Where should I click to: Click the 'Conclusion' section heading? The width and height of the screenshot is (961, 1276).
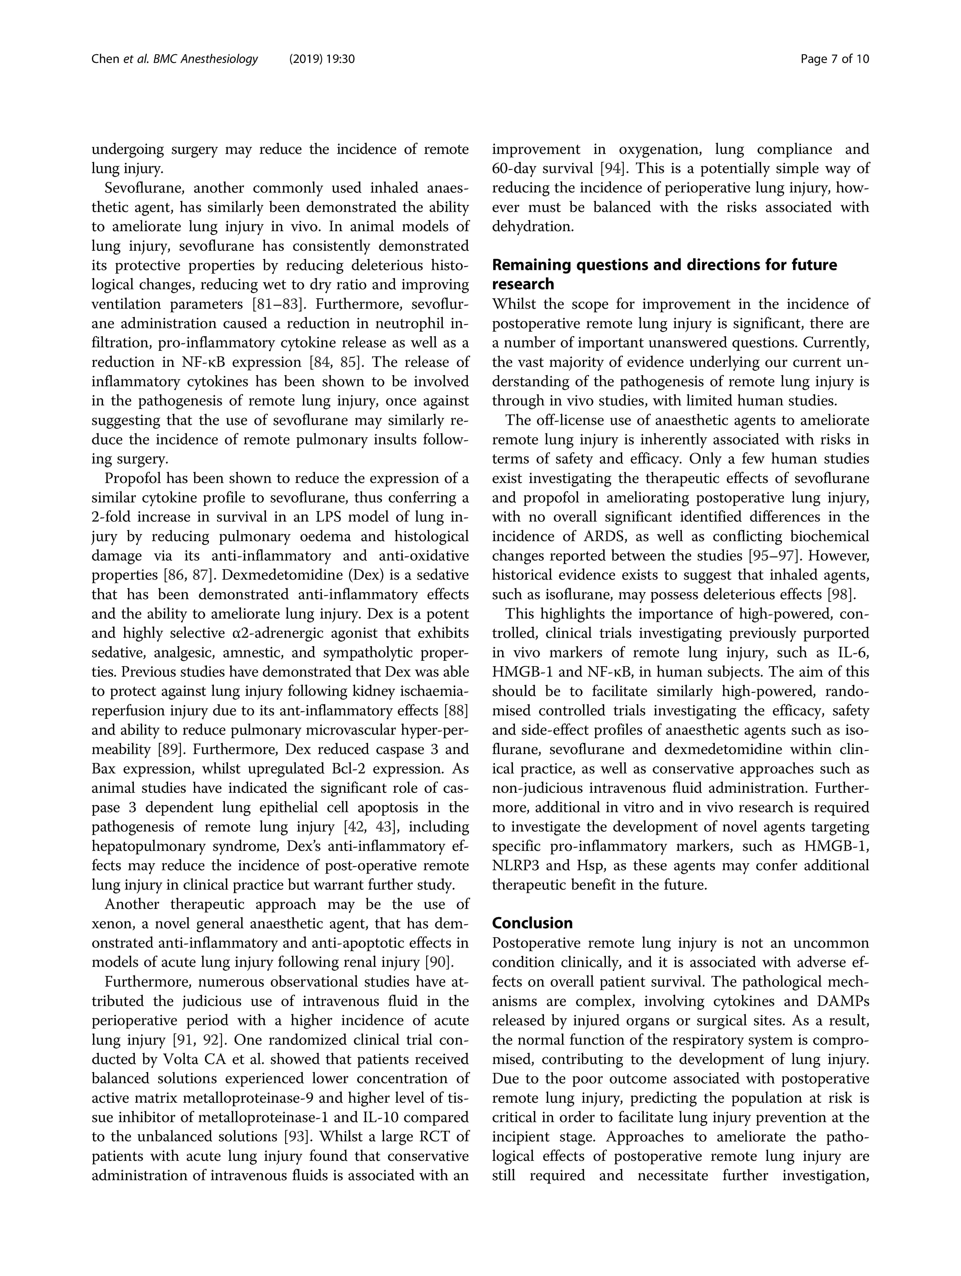coord(532,923)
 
